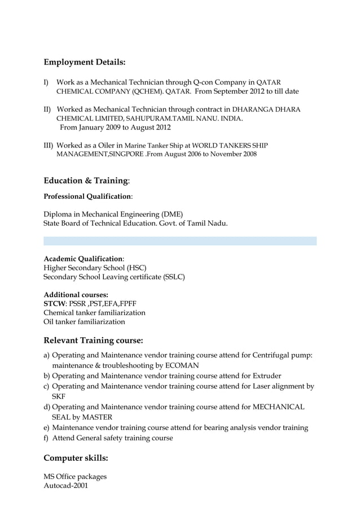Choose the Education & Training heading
pyautogui.click(x=86, y=180)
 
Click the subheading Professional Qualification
pyautogui.click(x=87, y=197)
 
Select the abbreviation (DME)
pyautogui.click(x=172, y=214)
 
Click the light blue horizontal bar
pyautogui.click(x=180, y=241)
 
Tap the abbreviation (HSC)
pyautogui.click(x=135, y=267)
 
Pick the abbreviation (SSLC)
pyautogui.click(x=173, y=277)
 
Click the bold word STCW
pyautogui.click(x=55, y=303)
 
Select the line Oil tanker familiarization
pyautogui.click(x=84, y=321)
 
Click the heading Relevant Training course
pyautogui.click(x=93, y=341)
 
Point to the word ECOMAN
pyautogui.click(x=179, y=365)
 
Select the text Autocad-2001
pyautogui.click(x=66, y=485)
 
